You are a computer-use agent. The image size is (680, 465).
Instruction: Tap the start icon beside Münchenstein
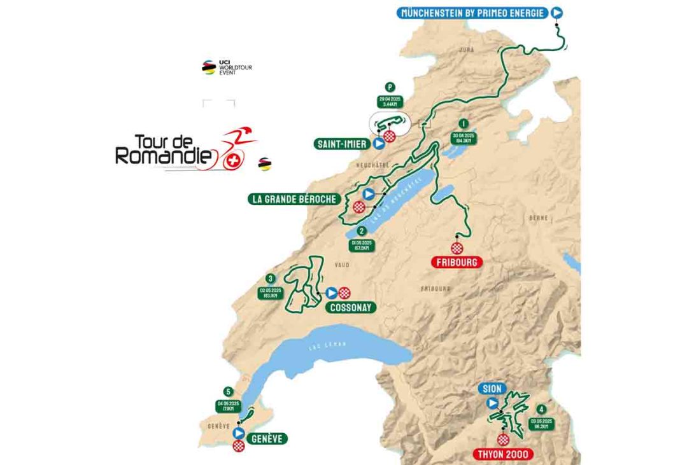click(x=557, y=11)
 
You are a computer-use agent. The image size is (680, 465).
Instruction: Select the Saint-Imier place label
click(x=341, y=144)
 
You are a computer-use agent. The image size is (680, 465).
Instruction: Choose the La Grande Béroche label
click(x=294, y=199)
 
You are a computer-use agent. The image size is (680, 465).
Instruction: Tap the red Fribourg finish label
click(x=456, y=261)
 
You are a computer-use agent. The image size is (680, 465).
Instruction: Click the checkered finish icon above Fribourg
click(x=457, y=247)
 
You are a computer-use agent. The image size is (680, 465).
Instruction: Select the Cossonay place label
click(x=350, y=307)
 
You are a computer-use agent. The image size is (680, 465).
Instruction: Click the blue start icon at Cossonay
click(x=331, y=293)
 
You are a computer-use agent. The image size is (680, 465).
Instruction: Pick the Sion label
click(x=493, y=389)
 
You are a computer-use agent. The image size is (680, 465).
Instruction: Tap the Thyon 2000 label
click(x=504, y=454)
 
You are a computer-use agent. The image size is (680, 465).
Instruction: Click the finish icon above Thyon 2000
click(x=504, y=440)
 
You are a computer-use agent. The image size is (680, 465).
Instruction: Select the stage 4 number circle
click(x=541, y=410)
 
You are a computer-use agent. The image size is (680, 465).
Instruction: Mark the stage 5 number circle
click(x=227, y=391)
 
